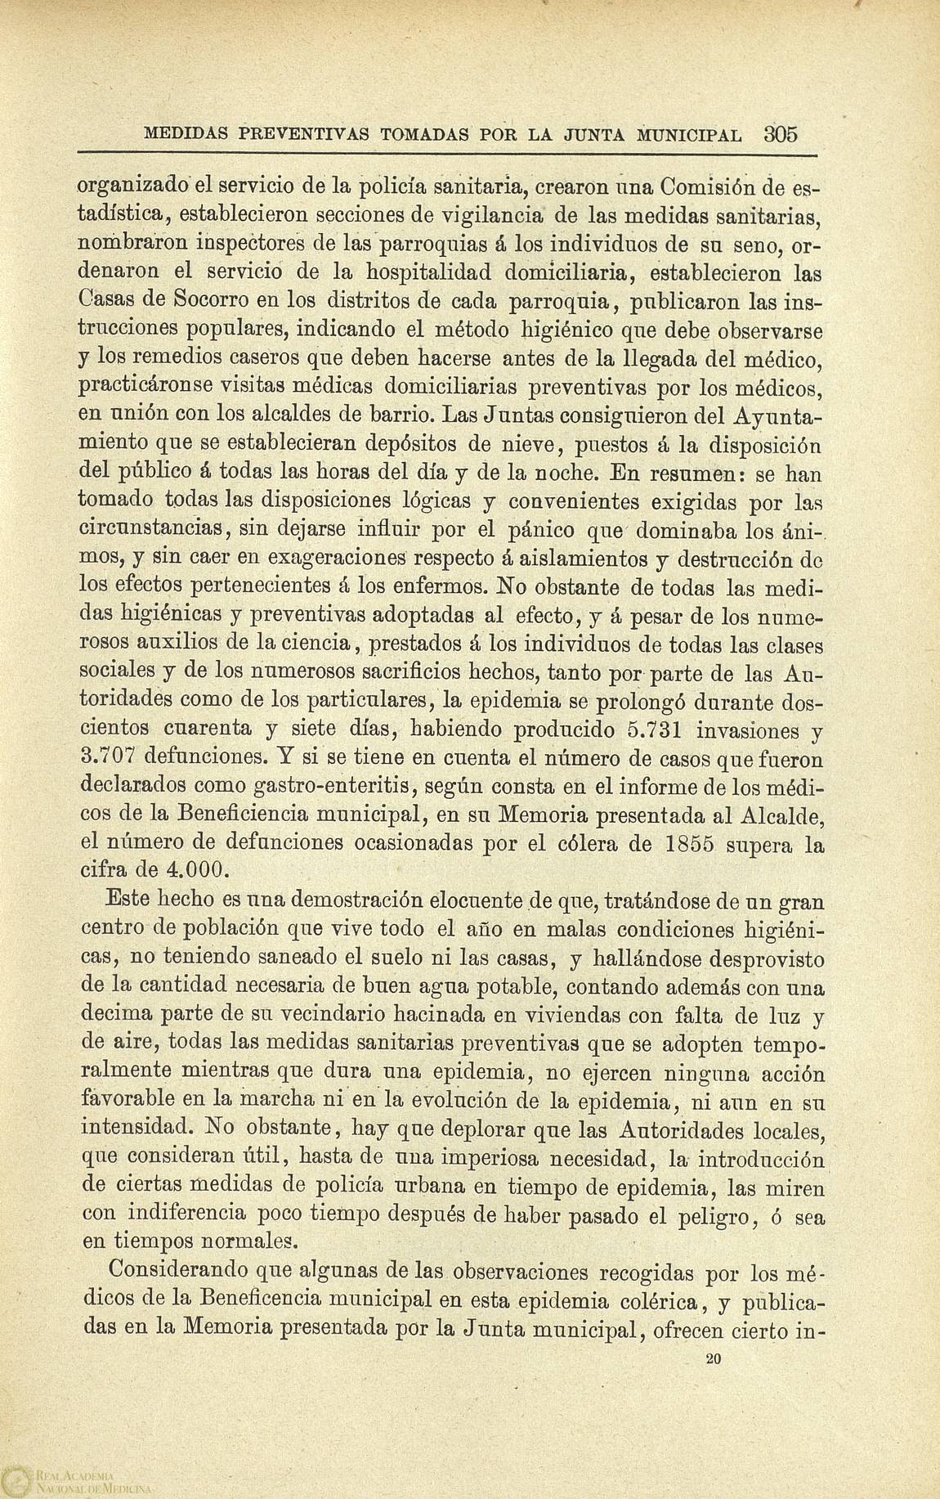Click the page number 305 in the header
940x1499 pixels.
(778, 133)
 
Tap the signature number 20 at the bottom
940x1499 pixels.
(713, 1359)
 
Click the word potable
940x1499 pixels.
(504, 988)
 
